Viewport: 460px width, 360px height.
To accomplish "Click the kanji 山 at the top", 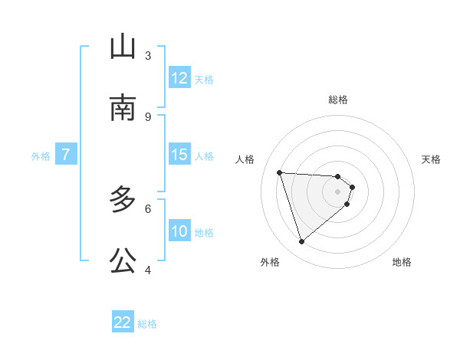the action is click(x=123, y=47).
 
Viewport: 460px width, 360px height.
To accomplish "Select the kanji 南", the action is click(x=123, y=108).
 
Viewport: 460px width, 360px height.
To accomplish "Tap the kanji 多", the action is click(x=123, y=200).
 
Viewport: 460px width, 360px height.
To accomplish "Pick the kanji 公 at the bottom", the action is click(x=123, y=260).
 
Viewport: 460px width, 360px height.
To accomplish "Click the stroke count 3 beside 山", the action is click(x=148, y=55).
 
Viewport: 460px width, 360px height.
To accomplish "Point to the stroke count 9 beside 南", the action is click(x=148, y=116).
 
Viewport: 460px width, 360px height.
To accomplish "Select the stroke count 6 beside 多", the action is click(x=148, y=208).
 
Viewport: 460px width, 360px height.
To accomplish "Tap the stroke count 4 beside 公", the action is click(x=148, y=270).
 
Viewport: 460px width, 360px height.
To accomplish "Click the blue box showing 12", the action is click(x=179, y=78).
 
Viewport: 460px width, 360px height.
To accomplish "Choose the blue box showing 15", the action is click(x=179, y=155).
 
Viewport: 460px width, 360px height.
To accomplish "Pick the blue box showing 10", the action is click(x=179, y=231).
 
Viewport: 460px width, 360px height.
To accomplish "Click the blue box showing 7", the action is click(x=66, y=155).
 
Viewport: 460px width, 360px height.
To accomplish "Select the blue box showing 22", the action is click(x=123, y=322).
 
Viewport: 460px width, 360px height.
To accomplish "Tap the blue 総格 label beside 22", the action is click(x=147, y=324).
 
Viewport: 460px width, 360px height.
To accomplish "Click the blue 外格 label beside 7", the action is click(x=41, y=156).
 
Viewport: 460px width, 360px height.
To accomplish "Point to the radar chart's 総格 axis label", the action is click(x=338, y=100).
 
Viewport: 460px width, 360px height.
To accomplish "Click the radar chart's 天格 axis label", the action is click(x=432, y=159).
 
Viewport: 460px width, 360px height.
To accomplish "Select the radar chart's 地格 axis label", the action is click(x=402, y=262).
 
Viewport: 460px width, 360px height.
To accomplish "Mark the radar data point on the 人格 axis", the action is click(x=280, y=172).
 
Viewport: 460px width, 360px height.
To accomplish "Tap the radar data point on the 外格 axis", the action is click(x=302, y=242).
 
